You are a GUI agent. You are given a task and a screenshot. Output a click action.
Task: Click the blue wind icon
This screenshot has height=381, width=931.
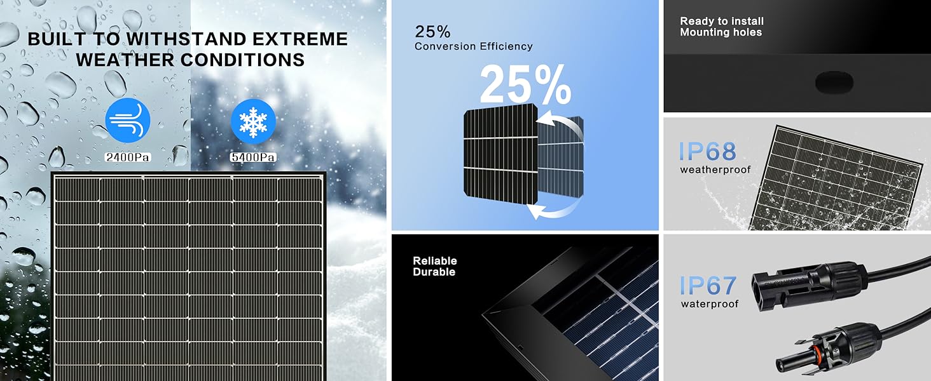point(128,119)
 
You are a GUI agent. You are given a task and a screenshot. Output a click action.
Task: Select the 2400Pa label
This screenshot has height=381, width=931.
point(128,157)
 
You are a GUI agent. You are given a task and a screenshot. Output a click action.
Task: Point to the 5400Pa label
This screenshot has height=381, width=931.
point(253,157)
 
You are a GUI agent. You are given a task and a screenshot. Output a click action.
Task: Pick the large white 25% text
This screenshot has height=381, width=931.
point(525,85)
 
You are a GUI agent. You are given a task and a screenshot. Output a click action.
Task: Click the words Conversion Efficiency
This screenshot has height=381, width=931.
point(474,46)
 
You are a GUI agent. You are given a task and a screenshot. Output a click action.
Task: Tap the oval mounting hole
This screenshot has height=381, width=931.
point(833,81)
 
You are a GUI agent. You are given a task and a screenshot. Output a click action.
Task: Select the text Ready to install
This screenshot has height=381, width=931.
point(722,22)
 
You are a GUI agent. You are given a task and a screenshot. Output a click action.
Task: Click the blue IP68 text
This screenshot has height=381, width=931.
point(707,152)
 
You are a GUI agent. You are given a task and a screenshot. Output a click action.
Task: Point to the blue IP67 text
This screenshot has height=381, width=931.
point(707,286)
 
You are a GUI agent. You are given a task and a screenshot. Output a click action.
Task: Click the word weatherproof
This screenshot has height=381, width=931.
point(715,170)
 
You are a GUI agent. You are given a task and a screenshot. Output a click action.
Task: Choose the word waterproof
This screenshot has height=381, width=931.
point(710,304)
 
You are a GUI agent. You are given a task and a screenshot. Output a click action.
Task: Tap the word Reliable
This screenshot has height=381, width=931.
point(435,261)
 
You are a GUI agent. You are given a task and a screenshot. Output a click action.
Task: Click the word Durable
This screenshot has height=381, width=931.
point(434,272)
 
